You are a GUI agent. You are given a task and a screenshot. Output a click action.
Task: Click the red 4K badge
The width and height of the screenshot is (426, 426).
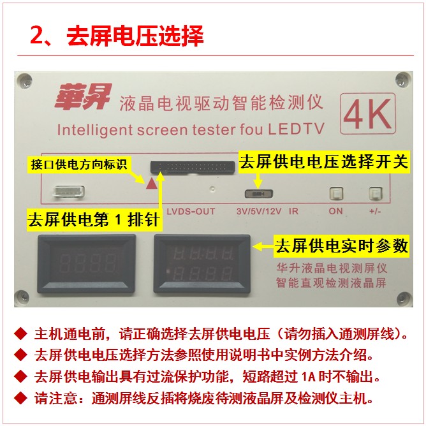(x=368, y=114)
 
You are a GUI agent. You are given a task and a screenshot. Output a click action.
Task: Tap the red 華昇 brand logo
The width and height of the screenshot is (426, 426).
(x=83, y=97)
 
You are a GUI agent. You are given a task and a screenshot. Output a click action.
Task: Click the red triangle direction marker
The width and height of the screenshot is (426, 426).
(x=152, y=184)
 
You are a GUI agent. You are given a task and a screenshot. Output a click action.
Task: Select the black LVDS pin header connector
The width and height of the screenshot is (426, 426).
(x=193, y=167)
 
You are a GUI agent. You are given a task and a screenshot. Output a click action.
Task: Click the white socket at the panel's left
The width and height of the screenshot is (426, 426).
(x=69, y=191)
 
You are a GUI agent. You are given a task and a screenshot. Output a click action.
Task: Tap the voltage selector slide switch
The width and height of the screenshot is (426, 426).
(x=259, y=194)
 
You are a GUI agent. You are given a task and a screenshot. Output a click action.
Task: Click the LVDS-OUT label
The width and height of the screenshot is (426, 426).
(x=191, y=211)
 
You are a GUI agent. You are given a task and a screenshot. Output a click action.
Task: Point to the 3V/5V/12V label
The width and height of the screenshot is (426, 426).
(x=259, y=211)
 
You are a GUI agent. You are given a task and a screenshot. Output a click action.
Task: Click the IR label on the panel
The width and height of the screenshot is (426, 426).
(x=293, y=211)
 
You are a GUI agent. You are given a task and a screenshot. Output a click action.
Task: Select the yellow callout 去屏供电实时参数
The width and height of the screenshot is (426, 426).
(x=341, y=246)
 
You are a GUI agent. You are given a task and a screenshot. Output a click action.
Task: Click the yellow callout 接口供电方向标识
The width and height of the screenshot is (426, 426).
(x=78, y=165)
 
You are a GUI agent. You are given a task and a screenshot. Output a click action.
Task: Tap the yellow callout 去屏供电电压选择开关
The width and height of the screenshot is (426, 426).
(x=324, y=162)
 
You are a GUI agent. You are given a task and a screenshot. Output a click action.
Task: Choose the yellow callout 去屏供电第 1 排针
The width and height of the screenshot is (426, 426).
(x=94, y=219)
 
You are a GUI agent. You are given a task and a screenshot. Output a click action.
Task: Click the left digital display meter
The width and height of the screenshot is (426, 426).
(x=86, y=263)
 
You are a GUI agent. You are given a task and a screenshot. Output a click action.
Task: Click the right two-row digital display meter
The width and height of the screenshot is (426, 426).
(x=202, y=264)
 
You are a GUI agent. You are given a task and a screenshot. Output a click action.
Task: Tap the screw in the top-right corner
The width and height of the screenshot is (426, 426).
(x=403, y=80)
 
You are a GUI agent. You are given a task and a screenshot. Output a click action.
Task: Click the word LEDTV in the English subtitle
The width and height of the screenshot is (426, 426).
(x=297, y=129)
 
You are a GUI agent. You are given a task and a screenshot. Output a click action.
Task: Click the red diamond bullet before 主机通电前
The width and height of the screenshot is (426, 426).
(x=20, y=334)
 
